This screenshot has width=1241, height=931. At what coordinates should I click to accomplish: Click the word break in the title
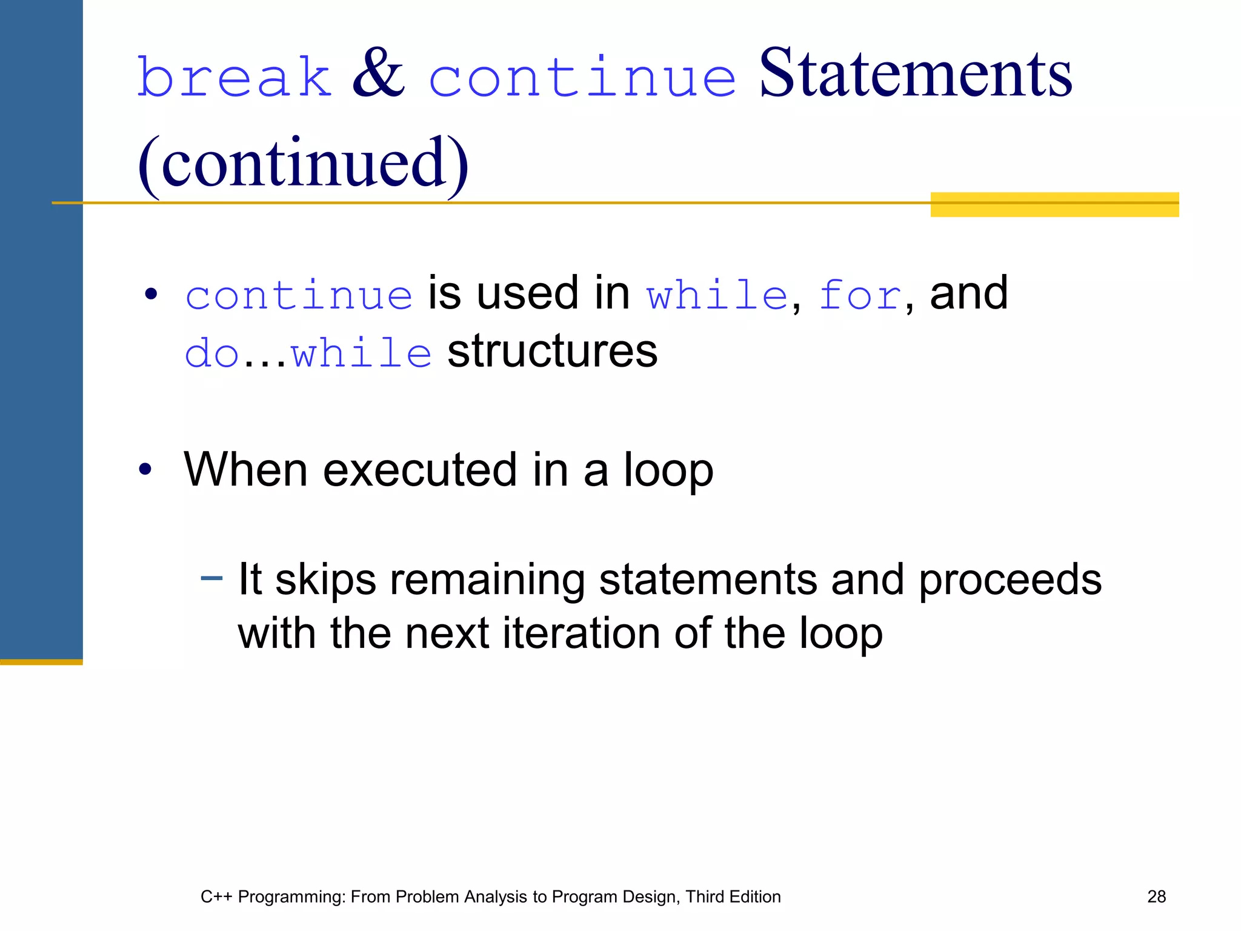click(234, 77)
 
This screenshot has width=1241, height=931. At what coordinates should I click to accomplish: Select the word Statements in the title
click(915, 74)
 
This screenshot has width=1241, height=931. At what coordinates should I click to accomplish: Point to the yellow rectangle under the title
click(1054, 205)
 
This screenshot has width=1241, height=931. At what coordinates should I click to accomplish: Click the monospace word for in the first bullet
click(859, 296)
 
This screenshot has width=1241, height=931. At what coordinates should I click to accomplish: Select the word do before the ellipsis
click(211, 353)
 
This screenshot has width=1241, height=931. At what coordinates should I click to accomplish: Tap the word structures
click(552, 352)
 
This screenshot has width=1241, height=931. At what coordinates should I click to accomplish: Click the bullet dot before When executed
click(145, 470)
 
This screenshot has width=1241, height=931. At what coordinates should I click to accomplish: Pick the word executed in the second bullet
click(419, 470)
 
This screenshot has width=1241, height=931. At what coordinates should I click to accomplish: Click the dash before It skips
click(211, 578)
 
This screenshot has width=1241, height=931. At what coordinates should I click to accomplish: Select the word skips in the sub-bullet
click(325, 580)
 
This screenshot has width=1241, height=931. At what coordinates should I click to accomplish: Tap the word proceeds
click(1010, 580)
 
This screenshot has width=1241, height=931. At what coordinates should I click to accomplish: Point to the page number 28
click(1156, 897)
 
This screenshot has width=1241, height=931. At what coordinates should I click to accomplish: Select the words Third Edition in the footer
click(733, 897)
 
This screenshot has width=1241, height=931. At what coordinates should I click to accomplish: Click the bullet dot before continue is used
click(151, 295)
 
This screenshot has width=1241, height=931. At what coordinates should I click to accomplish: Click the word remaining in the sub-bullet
click(487, 580)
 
